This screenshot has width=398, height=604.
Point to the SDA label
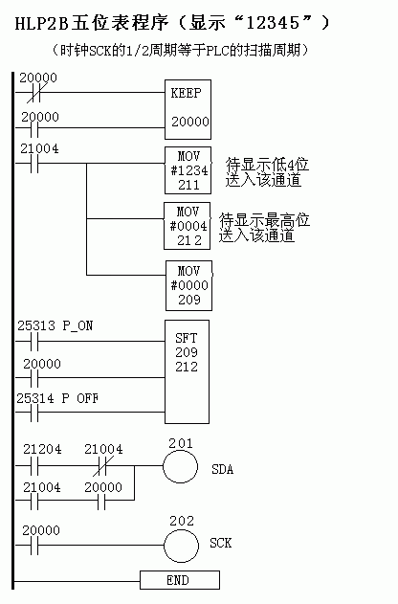(x=223, y=469)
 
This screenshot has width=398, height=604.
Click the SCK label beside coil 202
(x=221, y=543)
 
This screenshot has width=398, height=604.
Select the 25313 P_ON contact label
(x=55, y=325)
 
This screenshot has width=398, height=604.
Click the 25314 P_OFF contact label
(x=57, y=398)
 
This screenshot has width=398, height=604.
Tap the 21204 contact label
(x=42, y=449)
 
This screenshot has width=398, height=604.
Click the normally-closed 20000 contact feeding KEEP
(x=34, y=93)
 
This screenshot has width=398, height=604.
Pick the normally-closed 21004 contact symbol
(x=101, y=466)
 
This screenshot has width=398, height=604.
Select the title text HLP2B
(x=41, y=23)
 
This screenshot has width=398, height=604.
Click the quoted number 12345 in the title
(x=273, y=23)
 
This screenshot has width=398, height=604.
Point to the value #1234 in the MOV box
(x=189, y=170)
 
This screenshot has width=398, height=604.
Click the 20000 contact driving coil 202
(x=34, y=545)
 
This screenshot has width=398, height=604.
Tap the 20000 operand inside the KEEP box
(x=190, y=122)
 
